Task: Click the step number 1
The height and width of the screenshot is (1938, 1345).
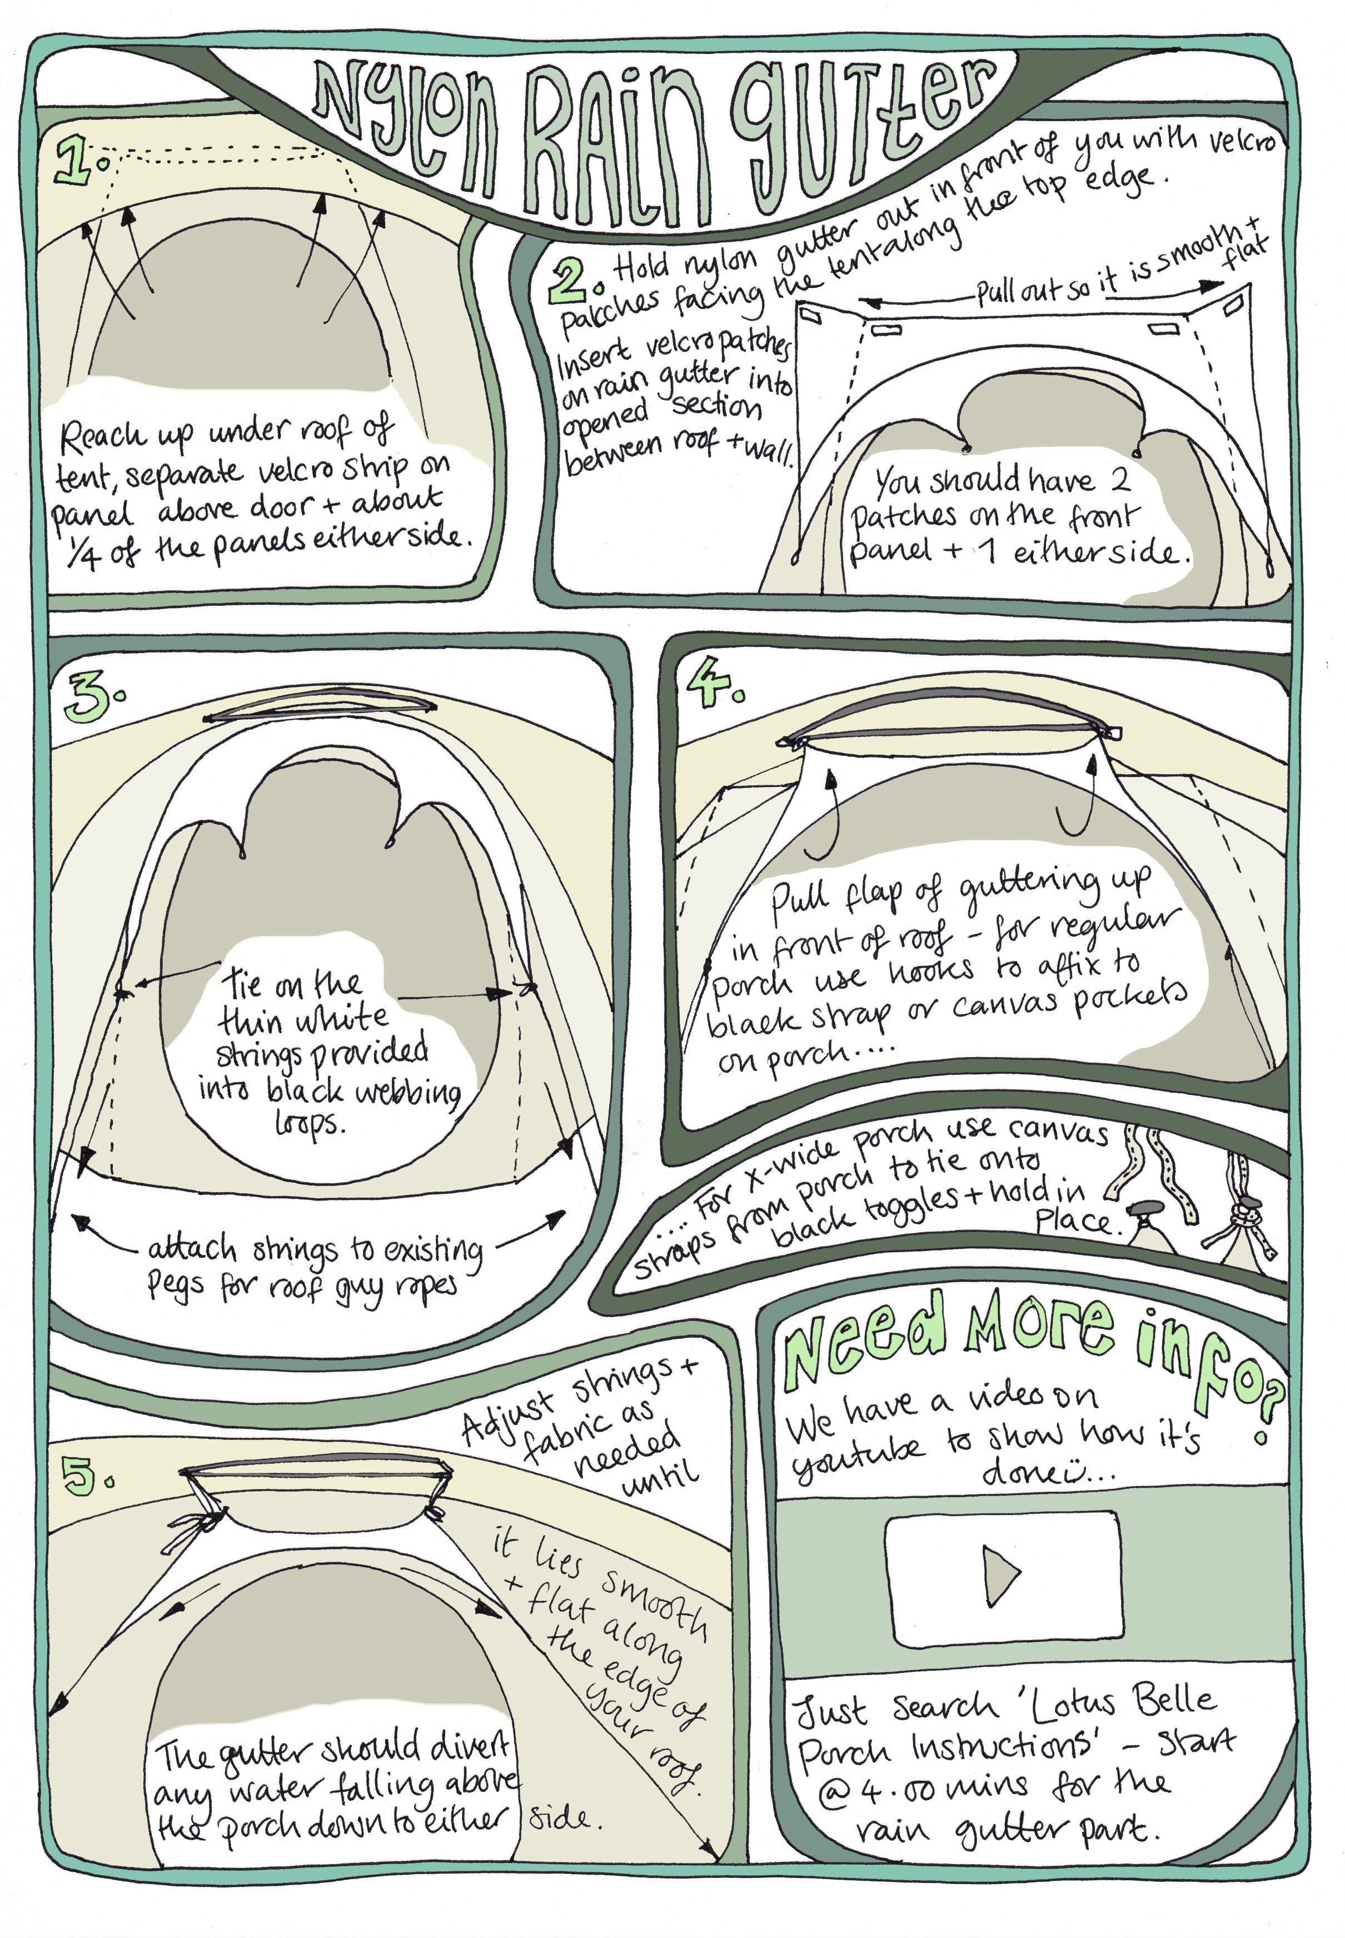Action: [x=80, y=160]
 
